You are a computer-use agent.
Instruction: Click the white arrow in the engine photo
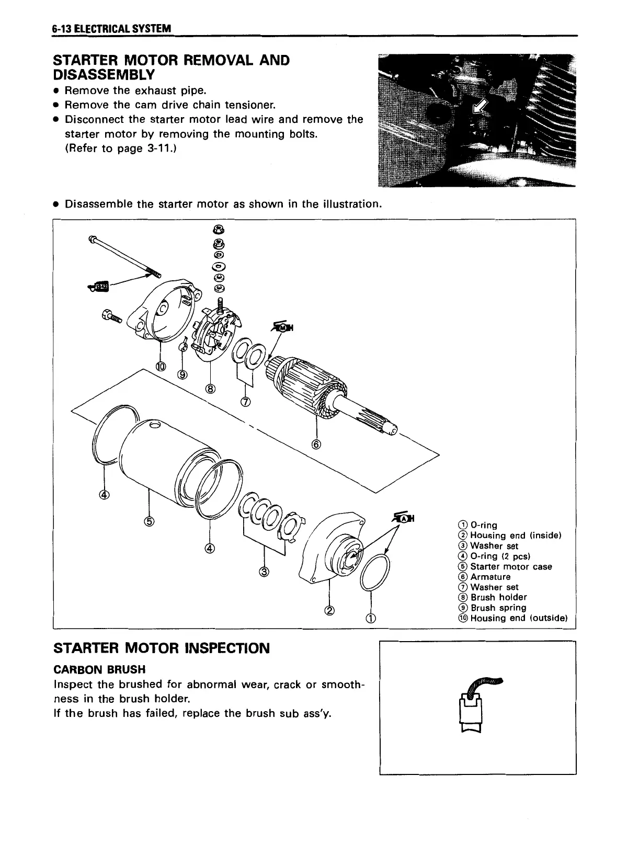click(x=478, y=108)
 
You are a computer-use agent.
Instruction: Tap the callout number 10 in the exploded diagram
click(x=161, y=366)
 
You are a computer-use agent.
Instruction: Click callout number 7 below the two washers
click(x=245, y=402)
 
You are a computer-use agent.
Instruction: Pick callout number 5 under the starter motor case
click(x=150, y=521)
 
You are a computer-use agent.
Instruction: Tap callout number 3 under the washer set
click(x=264, y=572)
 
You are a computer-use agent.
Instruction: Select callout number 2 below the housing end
click(x=329, y=610)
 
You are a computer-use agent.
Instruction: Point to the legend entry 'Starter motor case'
click(x=510, y=566)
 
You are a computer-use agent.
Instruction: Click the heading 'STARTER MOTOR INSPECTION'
click(x=162, y=648)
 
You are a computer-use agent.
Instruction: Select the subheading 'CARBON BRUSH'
click(x=99, y=669)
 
